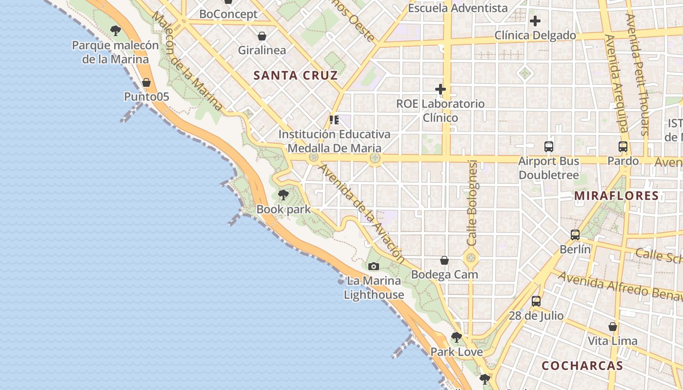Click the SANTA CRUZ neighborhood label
[x=296, y=75]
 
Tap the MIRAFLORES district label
[x=616, y=195]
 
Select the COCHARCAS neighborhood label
[x=582, y=366]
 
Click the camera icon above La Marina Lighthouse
[x=374, y=266]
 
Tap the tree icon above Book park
[x=283, y=195]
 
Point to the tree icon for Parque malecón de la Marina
[x=116, y=31]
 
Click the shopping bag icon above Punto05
[x=146, y=82]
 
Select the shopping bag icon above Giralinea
[x=262, y=36]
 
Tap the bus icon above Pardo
[x=623, y=146]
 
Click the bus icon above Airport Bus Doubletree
[x=549, y=146]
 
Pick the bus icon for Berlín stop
[x=575, y=235]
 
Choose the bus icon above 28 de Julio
[x=536, y=301]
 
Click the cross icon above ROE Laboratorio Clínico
[x=441, y=89]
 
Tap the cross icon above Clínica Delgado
[x=535, y=21]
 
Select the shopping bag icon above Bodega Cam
[x=444, y=260]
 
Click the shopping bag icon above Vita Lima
[x=613, y=327]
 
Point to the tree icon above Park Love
[x=457, y=337]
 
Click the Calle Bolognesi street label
[x=472, y=202]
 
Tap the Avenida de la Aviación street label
[x=362, y=213]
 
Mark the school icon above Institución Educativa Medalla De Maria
[x=334, y=119]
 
